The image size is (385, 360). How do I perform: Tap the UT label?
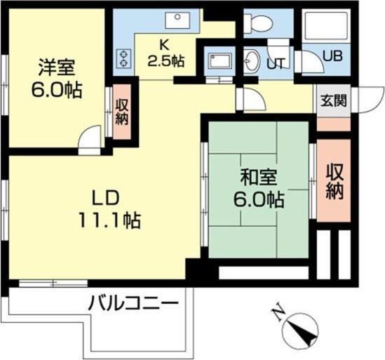[x=275, y=63]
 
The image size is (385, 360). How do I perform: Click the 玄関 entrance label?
[x=332, y=100]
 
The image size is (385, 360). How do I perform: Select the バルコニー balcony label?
[x=133, y=305]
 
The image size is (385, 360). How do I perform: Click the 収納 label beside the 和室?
[x=334, y=180]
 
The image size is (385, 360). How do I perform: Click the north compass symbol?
[x=302, y=330]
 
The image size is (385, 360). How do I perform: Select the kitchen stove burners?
[x=126, y=58]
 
